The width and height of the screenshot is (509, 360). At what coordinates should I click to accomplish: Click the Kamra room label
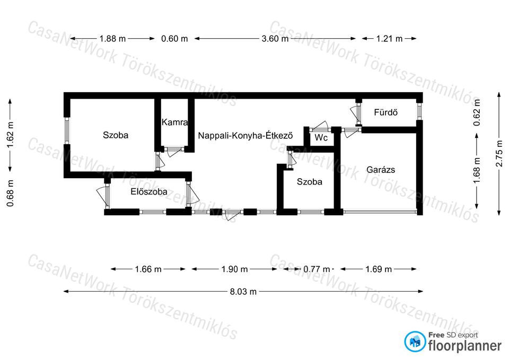point(174,122)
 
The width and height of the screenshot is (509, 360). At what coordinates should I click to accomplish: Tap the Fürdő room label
point(385,112)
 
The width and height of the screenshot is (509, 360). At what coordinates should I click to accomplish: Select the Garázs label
point(381,170)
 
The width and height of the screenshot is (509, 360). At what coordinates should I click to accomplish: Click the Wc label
point(321,138)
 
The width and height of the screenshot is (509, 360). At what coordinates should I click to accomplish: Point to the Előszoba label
point(149,191)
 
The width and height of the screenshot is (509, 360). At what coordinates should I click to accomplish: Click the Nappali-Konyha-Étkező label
point(245,135)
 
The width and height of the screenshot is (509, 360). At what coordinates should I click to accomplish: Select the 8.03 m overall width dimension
point(243,292)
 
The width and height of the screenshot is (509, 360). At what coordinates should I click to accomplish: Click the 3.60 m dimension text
point(275,39)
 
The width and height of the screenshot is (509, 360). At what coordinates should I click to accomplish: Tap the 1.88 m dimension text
point(112,39)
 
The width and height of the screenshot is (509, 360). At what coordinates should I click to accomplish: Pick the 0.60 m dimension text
point(174,39)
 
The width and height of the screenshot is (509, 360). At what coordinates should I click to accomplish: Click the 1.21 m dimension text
point(389,39)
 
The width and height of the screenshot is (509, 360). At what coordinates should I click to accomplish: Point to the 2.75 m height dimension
point(499,154)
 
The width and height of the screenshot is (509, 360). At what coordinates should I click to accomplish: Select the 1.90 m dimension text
point(234,269)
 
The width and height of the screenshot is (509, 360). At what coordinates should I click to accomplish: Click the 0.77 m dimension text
point(317,269)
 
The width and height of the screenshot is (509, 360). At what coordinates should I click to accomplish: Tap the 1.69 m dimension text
point(379,269)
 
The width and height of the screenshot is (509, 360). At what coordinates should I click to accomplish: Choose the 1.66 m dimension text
point(148,269)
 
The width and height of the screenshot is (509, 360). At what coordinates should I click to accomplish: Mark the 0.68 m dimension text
point(11,193)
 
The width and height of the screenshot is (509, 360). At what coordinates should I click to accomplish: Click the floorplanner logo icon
point(415,341)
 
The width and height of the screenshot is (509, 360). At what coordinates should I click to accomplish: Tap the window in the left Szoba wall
point(67,130)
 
